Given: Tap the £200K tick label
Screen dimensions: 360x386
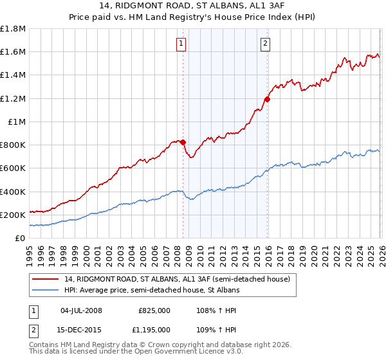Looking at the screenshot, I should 13,215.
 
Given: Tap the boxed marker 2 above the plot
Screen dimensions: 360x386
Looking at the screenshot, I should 265,44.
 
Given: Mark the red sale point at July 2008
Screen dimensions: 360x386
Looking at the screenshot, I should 183,142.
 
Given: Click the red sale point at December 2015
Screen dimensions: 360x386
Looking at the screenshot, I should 268,99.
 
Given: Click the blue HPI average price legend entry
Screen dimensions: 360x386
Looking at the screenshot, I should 151,291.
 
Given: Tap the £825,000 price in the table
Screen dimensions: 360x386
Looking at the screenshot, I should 154,310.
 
